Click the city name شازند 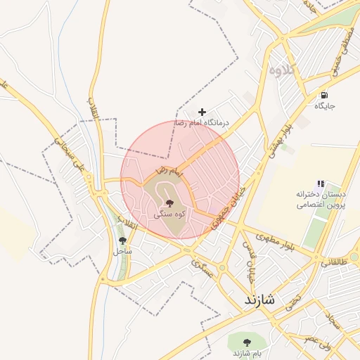(268, 300)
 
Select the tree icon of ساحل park (122, 240)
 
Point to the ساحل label (122, 250)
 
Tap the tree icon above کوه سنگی (169, 202)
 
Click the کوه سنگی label (169, 214)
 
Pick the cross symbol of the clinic (202, 112)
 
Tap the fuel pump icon (323, 96)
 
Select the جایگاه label (324, 106)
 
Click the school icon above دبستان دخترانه (321, 184)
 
